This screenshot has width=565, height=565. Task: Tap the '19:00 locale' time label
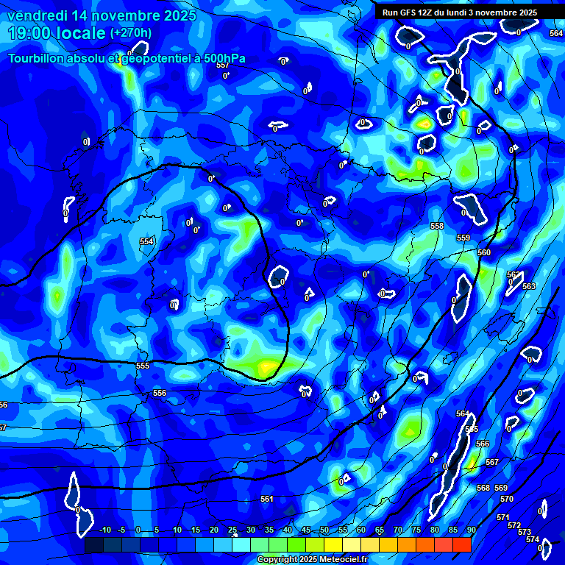click(x=56, y=33)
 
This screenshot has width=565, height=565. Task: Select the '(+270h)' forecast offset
click(x=131, y=33)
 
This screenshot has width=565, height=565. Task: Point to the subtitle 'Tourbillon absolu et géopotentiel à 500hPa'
click(x=127, y=59)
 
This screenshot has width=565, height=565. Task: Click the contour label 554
click(x=146, y=241)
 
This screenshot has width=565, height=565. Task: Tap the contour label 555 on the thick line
click(x=143, y=366)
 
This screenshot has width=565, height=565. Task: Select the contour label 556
click(x=160, y=394)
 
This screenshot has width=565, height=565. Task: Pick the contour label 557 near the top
click(x=223, y=65)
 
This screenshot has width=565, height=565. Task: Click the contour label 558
click(x=437, y=226)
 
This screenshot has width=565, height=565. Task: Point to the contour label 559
click(x=463, y=238)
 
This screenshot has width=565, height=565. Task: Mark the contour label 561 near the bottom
click(x=267, y=499)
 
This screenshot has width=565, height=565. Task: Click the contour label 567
click(x=492, y=462)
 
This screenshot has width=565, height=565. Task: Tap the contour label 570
click(x=507, y=499)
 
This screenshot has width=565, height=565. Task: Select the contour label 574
click(x=533, y=539)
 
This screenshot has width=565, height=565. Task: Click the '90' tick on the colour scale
click(x=471, y=530)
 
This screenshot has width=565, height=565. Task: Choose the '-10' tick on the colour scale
click(x=104, y=530)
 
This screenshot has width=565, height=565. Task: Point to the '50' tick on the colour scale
click(x=324, y=530)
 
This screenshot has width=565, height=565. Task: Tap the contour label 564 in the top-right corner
click(x=556, y=33)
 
